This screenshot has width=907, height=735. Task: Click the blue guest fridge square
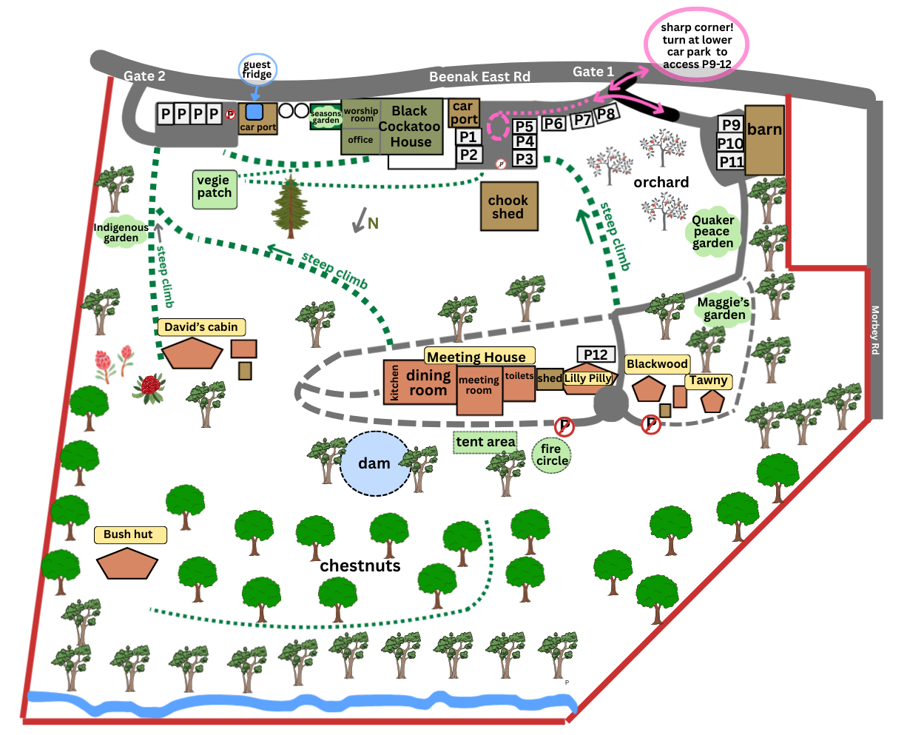[254, 112]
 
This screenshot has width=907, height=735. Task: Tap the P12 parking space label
[596, 354]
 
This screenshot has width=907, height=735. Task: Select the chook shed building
[509, 207]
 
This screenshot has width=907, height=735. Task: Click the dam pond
[375, 463]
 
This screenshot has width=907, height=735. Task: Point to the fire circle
[551, 454]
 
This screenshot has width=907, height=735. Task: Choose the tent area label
[485, 442]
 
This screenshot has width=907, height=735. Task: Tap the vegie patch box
[215, 189]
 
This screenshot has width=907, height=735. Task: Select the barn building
[764, 140]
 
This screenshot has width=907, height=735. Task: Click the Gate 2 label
[144, 75]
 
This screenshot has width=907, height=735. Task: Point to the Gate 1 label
[593, 72]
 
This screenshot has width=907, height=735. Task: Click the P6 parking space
[553, 124]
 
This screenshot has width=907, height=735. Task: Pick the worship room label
[361, 115]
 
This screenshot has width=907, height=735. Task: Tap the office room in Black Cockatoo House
[360, 141]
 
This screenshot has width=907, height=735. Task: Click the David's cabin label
[201, 327]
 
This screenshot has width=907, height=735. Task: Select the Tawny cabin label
[708, 380]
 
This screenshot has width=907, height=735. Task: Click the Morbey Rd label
[874, 330]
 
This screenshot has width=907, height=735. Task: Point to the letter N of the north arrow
[373, 224]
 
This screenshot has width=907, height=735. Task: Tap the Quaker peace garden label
[713, 232]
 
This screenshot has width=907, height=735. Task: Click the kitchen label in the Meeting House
[394, 383]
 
